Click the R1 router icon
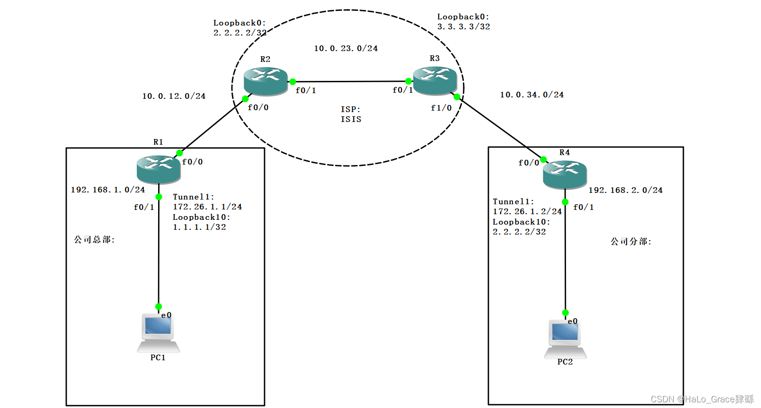159,169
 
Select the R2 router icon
265,81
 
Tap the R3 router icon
434,80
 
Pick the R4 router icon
565,174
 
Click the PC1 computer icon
158,333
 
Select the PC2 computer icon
565,339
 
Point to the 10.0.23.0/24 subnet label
345,48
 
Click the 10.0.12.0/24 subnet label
174,96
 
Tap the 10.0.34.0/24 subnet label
531,95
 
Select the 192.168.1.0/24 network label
108,190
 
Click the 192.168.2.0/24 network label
625,190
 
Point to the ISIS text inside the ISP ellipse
351,119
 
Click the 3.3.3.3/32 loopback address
463,26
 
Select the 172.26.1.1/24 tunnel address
207,207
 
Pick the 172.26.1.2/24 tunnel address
527,211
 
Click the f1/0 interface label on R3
441,108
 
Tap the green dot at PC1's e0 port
159,306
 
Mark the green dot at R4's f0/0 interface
543,159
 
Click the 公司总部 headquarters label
94,240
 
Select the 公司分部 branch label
630,242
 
